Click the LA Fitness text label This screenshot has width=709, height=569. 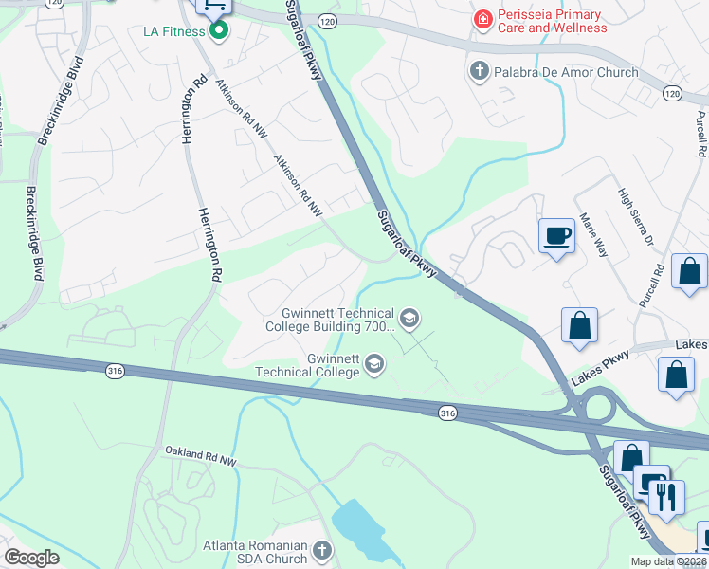pyautogui.click(x=174, y=31)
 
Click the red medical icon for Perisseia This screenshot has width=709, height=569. pyautogui.click(x=482, y=18)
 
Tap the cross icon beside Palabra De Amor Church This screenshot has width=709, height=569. pyautogui.click(x=480, y=71)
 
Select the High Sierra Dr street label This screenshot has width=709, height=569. pyautogui.click(x=637, y=216)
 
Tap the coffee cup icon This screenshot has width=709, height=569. pyautogui.click(x=556, y=235)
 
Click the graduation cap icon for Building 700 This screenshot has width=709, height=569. pyautogui.click(x=409, y=318)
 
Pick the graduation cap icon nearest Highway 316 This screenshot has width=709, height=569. pyautogui.click(x=375, y=363)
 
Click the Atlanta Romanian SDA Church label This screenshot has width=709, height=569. pyautogui.click(x=256, y=552)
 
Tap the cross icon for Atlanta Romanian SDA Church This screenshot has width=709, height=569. pyautogui.click(x=322, y=550)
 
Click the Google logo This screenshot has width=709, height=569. pyautogui.click(x=31, y=558)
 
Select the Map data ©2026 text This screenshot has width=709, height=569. pyautogui.click(x=668, y=561)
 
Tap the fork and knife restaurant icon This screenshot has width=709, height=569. pyautogui.click(x=666, y=497)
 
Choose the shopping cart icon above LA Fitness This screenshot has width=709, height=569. pyautogui.click(x=213, y=5)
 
